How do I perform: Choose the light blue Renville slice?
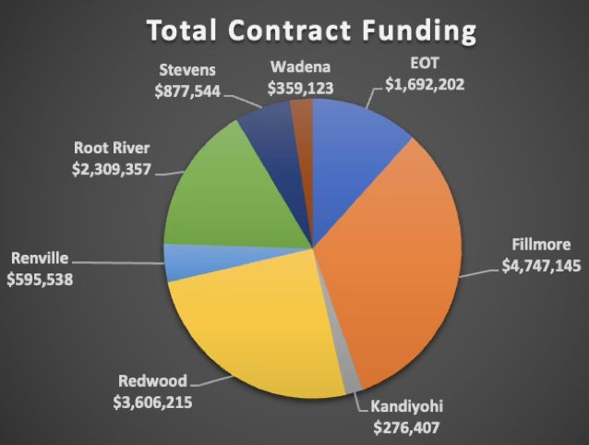tap(180, 261)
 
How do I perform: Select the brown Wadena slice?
tap(303, 115)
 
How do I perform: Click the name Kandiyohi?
tap(407, 405)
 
